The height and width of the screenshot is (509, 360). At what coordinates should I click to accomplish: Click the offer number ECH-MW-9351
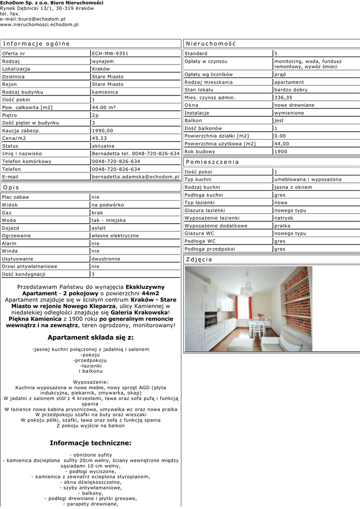click(110, 54)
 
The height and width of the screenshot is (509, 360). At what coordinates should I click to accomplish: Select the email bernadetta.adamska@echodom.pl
click(135, 176)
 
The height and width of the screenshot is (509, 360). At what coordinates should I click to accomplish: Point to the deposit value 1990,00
click(103, 131)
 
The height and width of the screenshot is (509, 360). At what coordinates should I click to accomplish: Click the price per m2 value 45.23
click(100, 138)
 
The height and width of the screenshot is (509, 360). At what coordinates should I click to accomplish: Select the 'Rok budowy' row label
click(199, 152)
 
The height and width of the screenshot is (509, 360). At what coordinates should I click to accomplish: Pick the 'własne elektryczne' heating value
click(115, 236)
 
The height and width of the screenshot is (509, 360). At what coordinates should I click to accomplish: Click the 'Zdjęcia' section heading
click(199, 259)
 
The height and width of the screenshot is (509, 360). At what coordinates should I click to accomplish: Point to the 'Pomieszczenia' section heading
click(212, 162)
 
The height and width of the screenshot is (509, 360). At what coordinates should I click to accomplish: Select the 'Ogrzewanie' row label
click(16, 236)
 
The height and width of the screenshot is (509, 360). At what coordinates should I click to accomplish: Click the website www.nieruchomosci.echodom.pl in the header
click(39, 24)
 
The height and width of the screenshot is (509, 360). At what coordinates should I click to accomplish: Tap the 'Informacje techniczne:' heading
click(90, 443)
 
